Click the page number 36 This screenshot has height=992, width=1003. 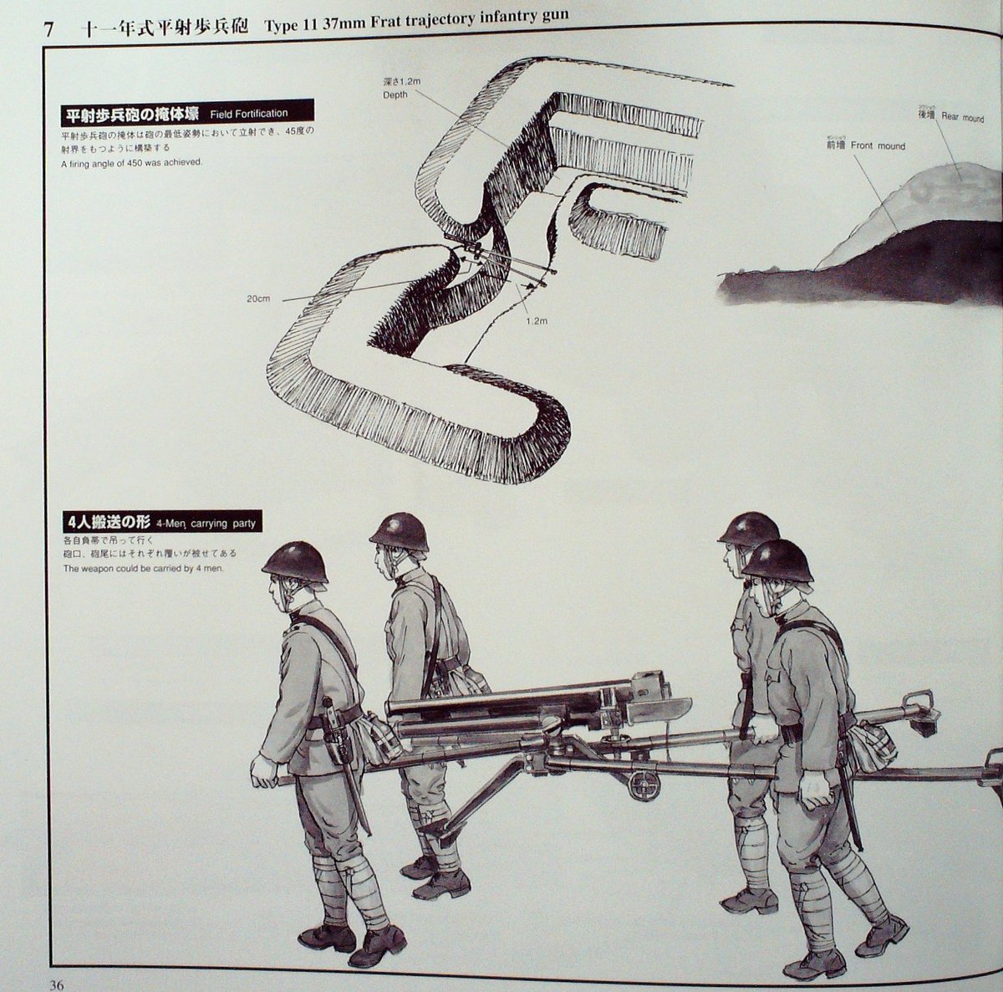click(56, 984)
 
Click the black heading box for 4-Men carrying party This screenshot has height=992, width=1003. click(159, 523)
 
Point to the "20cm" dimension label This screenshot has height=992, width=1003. click(258, 299)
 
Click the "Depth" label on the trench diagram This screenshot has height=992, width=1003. click(395, 95)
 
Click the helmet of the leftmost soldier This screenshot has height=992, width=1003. click(294, 560)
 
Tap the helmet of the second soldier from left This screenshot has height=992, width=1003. click(400, 532)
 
